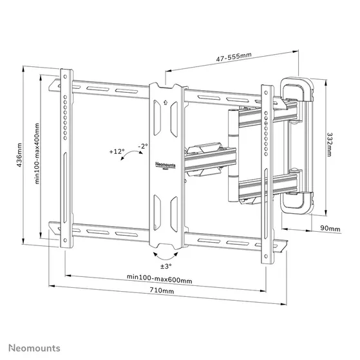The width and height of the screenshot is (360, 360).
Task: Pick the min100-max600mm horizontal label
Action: (159, 278)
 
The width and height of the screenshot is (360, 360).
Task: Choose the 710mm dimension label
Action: (161, 291)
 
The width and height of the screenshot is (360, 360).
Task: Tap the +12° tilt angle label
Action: (117, 152)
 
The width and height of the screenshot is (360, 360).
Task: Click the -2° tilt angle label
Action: (142, 146)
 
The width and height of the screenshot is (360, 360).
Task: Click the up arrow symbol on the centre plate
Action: (166, 101)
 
